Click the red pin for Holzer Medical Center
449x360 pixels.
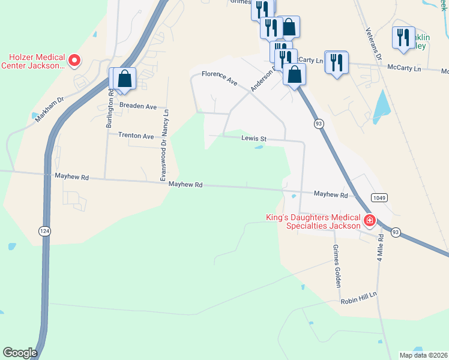74,59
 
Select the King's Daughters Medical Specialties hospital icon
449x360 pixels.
370,221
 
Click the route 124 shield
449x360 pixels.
45,231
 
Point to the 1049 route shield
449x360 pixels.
378,197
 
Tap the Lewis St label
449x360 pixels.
253,139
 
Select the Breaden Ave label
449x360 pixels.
138,106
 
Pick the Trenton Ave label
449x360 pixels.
136,136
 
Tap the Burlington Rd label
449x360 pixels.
110,109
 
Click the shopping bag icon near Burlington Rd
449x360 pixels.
124,79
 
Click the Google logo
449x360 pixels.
20,353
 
